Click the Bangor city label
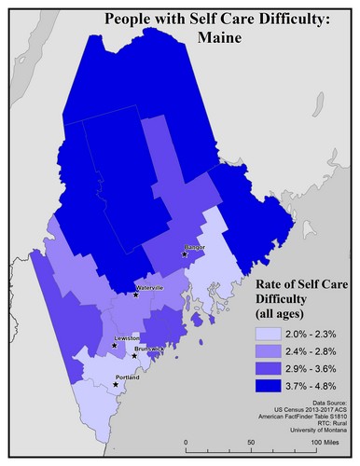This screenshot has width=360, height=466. coord(194,247)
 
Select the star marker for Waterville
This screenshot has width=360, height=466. coord(136,295)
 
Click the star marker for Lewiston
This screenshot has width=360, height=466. coord(115,345)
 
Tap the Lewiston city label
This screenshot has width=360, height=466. coord(127,337)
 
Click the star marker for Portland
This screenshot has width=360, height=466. coord(116,383)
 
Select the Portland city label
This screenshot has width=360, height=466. coord(127,377)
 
